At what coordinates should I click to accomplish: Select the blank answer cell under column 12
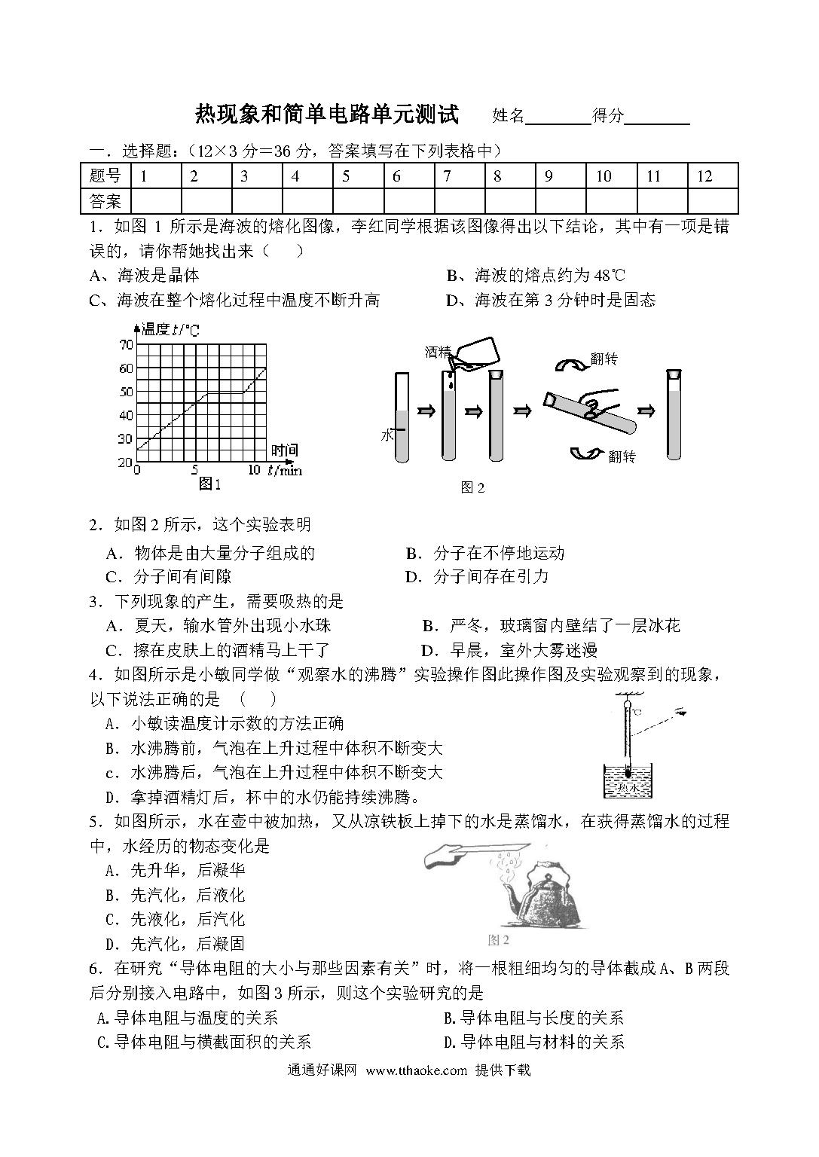coord(712,201)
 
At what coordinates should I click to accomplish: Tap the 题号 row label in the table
coord(105,176)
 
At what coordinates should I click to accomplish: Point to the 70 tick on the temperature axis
coord(126,344)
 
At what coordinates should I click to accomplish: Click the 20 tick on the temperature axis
coord(126,462)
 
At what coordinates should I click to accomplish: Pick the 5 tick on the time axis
coord(194,470)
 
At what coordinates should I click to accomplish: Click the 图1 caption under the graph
coord(209,484)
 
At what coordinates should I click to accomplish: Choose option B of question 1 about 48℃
coord(536,276)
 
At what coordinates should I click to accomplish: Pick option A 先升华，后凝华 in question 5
coord(176,871)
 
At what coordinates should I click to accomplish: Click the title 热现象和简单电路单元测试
coord(327,114)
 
